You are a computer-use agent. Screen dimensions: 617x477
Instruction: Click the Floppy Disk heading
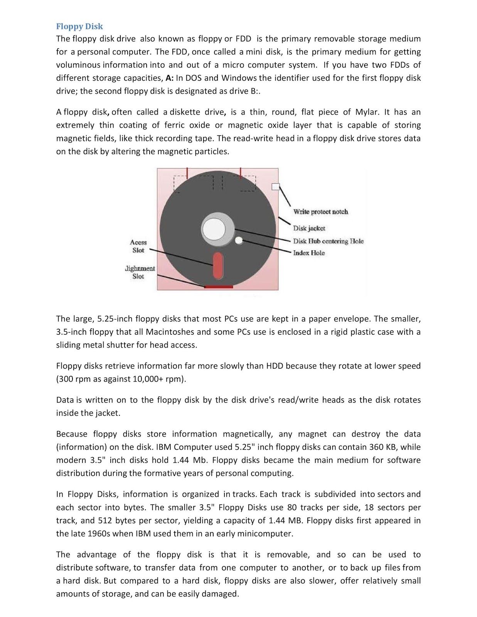click(79, 26)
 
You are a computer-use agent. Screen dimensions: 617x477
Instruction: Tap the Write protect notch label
click(320, 212)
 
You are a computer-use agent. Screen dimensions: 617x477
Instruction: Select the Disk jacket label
click(309, 228)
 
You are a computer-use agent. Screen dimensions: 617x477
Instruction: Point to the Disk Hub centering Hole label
click(328, 241)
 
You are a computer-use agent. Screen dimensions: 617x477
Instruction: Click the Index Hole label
click(308, 253)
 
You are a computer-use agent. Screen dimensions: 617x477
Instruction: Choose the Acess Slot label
click(138, 246)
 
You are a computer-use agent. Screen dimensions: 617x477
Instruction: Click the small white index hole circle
click(239, 241)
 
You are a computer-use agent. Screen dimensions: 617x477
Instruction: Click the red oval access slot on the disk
click(218, 265)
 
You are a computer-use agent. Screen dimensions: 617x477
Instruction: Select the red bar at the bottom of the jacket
click(218, 287)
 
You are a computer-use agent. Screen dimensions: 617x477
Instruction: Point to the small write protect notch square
click(275, 187)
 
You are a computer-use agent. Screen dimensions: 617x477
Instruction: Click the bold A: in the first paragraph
click(169, 78)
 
